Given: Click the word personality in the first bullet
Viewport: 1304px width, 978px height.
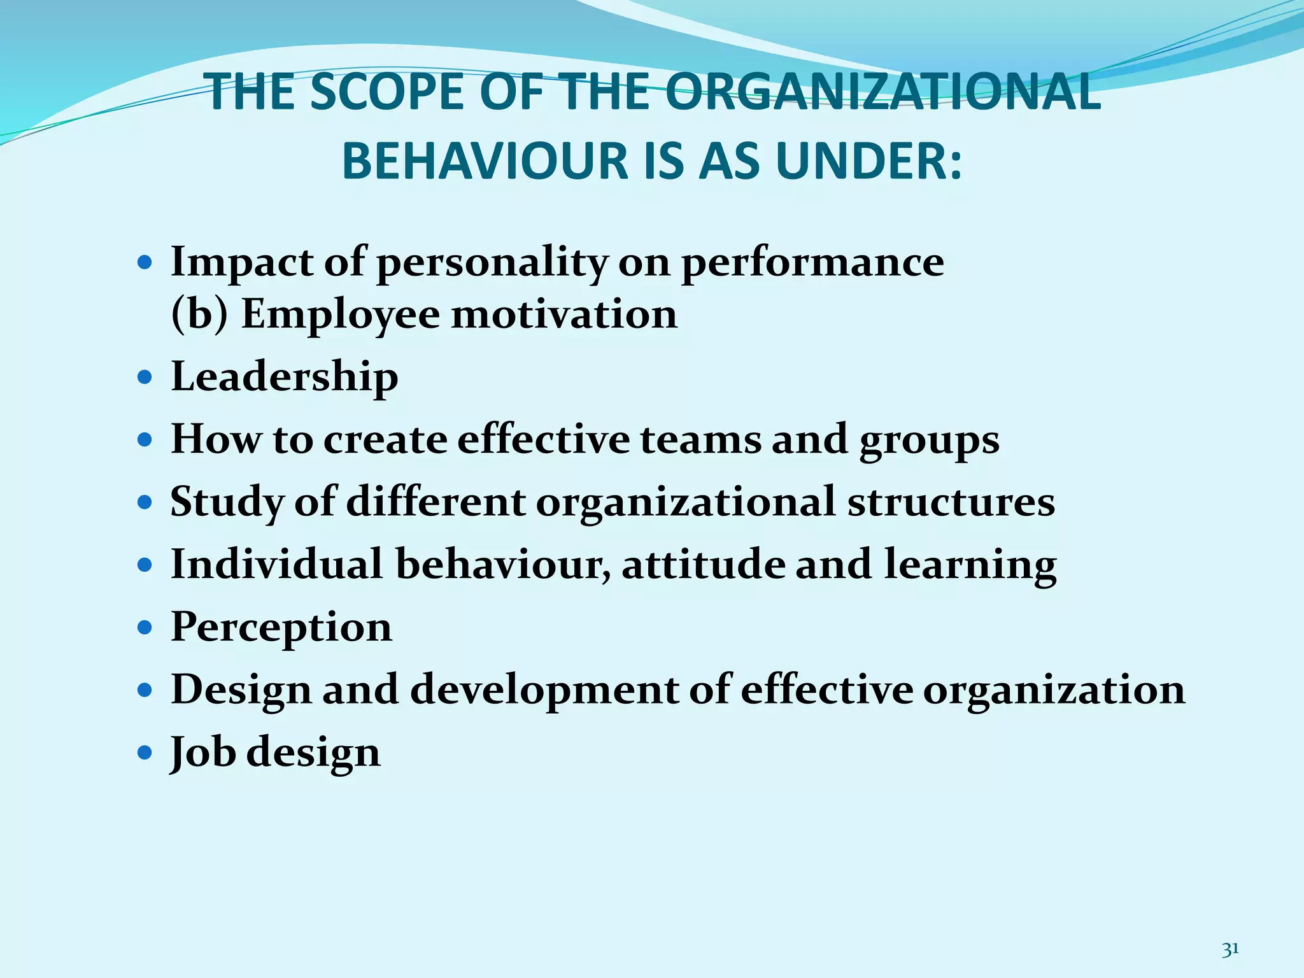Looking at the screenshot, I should [x=492, y=263].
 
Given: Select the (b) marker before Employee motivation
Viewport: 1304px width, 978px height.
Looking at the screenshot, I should [x=199, y=315].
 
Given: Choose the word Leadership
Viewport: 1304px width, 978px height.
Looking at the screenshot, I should [x=285, y=377].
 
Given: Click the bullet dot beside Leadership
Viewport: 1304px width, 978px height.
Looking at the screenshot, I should [x=146, y=378].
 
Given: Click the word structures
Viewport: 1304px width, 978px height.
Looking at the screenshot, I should [x=951, y=502].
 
